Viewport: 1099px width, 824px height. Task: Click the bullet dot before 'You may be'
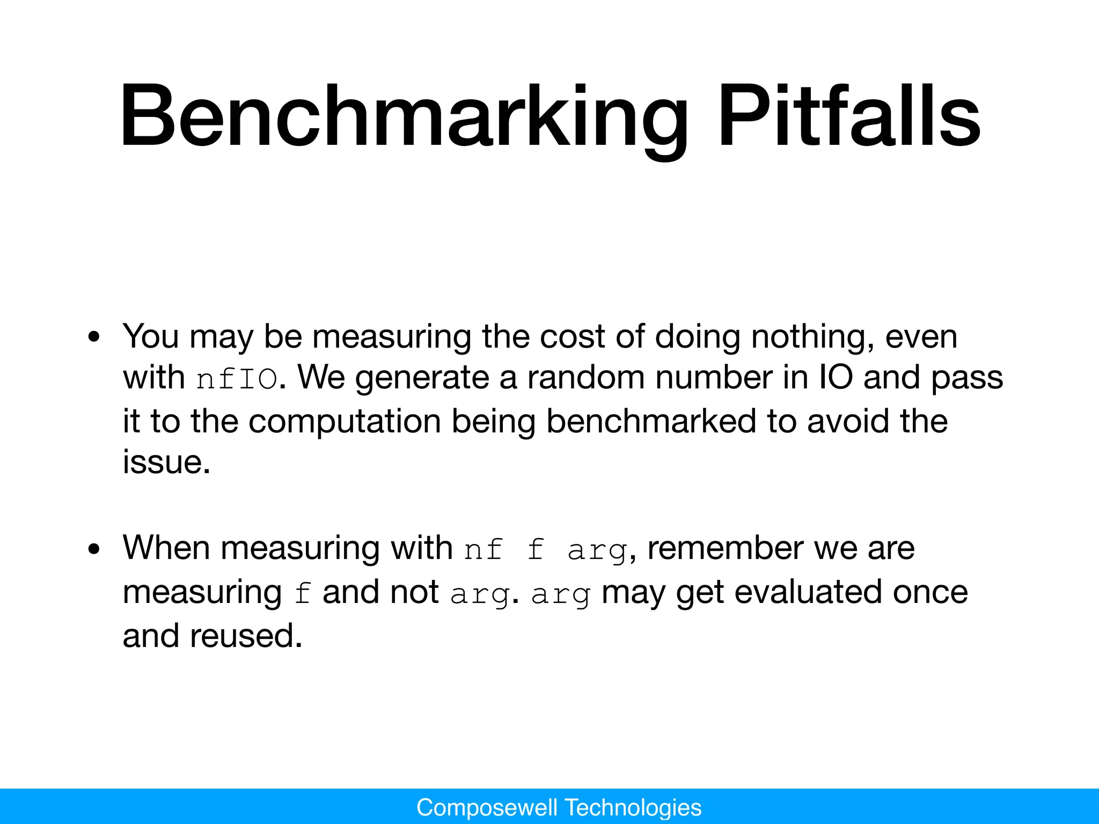94,337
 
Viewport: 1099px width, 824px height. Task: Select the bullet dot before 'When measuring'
94,549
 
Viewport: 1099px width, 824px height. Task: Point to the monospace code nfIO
237,379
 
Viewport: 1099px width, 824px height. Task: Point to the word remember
725,548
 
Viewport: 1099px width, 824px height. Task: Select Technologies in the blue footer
633,807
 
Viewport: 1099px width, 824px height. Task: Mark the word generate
422,378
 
